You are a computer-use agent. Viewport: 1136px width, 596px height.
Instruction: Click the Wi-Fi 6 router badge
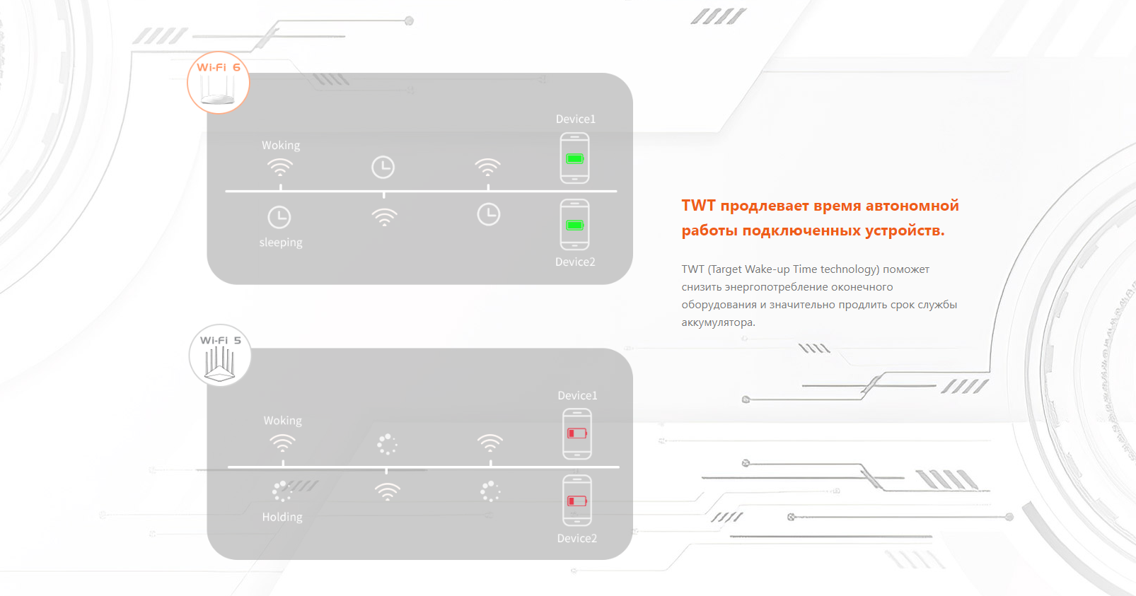(218, 82)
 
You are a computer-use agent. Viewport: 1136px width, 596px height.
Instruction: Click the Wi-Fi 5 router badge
(220, 356)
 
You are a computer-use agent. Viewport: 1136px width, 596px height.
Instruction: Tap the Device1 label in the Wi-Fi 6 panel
(576, 119)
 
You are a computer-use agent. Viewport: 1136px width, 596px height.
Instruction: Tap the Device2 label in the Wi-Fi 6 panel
(575, 262)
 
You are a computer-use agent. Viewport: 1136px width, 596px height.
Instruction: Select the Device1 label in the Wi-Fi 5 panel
(578, 395)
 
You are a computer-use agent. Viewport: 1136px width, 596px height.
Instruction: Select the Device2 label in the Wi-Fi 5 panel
(577, 538)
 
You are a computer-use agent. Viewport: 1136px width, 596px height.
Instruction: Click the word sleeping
(281, 243)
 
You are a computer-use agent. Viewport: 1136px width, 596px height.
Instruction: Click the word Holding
(282, 517)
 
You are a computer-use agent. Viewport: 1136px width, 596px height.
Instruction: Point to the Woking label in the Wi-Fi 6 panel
(281, 146)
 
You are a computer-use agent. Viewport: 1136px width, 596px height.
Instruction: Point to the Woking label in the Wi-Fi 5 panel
(282, 421)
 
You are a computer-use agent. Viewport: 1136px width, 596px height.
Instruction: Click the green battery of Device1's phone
(575, 158)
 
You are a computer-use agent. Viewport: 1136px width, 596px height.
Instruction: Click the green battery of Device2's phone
(575, 225)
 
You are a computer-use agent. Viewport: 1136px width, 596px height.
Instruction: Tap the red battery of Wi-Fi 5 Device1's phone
(577, 433)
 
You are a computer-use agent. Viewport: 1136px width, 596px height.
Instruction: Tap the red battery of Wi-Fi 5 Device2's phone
(577, 501)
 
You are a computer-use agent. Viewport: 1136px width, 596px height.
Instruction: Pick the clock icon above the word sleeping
(279, 218)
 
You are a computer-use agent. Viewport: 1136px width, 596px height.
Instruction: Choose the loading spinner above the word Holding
(282, 491)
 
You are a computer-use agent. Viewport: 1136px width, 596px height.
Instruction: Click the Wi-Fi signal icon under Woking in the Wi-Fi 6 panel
(280, 168)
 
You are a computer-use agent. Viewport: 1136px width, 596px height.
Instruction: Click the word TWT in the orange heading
(698, 205)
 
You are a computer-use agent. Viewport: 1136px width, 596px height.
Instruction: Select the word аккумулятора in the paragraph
(718, 322)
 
